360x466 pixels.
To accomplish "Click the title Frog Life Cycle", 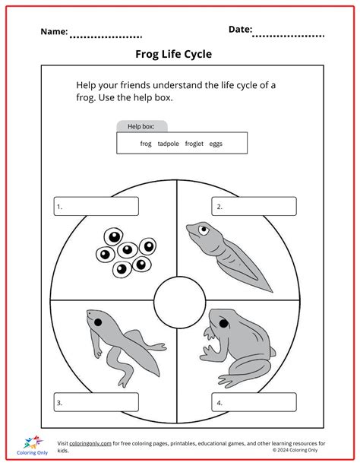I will [173, 54].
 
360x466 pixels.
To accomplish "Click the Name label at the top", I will [54, 32].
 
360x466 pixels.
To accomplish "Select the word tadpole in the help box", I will [169, 143].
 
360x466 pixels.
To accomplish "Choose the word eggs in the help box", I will [216, 143].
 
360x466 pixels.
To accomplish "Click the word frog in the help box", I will [146, 143].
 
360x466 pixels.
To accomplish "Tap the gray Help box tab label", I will [141, 126].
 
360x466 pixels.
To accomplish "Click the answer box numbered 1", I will [96, 206].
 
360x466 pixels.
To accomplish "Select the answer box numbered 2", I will [254, 206].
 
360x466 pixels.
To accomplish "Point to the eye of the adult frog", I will [223, 325].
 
